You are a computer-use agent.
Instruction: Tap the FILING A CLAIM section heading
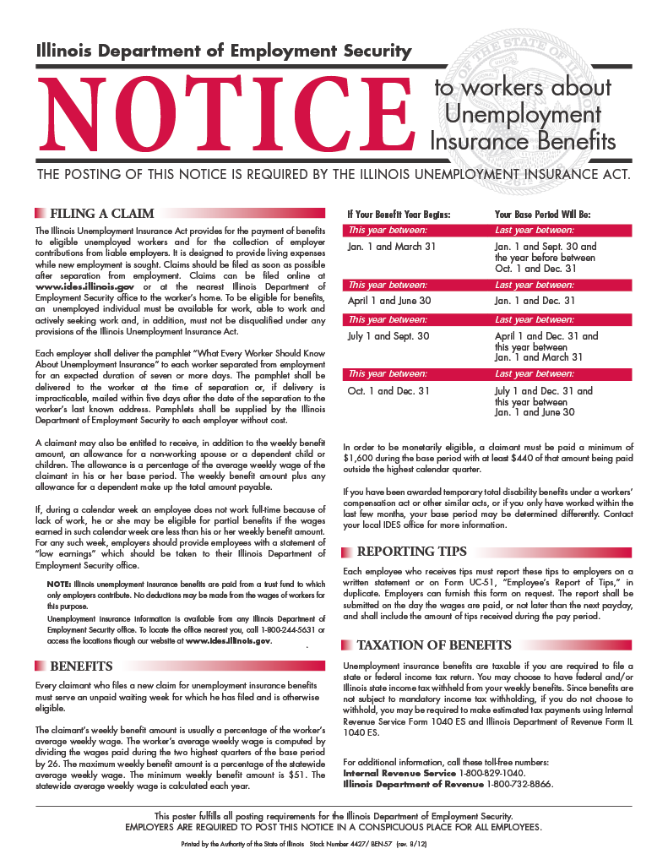coord(101,214)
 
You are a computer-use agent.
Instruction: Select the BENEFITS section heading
coord(82,666)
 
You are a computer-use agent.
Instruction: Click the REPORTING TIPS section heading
coord(412,552)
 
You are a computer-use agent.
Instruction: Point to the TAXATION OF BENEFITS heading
coord(434,645)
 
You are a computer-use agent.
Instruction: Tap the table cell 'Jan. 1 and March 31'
coord(392,247)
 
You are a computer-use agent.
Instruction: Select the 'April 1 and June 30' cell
coord(389,301)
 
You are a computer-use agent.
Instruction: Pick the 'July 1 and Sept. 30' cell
coord(388,336)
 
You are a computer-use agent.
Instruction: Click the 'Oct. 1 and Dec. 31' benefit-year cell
coord(388,391)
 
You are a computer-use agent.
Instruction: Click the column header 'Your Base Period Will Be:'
coord(542,215)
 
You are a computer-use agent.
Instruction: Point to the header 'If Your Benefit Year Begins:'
coord(399,215)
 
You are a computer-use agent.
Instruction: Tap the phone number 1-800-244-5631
coord(233,629)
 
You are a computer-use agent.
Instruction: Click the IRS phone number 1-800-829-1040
coord(492,773)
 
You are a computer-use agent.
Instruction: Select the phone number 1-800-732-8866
coord(520,784)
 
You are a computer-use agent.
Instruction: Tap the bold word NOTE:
coord(59,584)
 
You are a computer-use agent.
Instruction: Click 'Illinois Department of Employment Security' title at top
coord(224,51)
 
